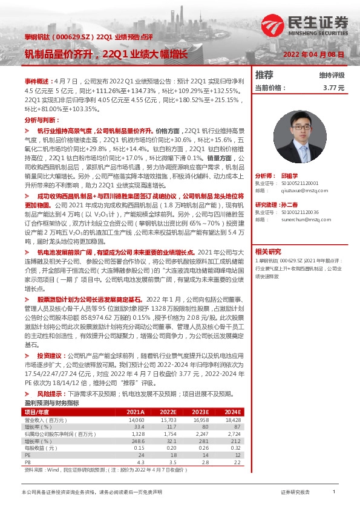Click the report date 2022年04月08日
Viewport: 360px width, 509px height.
click(x=314, y=54)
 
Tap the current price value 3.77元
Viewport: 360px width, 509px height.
click(x=333, y=88)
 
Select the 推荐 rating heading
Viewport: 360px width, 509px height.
click(x=264, y=75)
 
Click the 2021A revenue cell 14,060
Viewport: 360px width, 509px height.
click(x=136, y=418)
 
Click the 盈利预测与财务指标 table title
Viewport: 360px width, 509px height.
click(x=51, y=402)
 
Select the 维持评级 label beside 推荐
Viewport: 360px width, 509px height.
click(x=331, y=76)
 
